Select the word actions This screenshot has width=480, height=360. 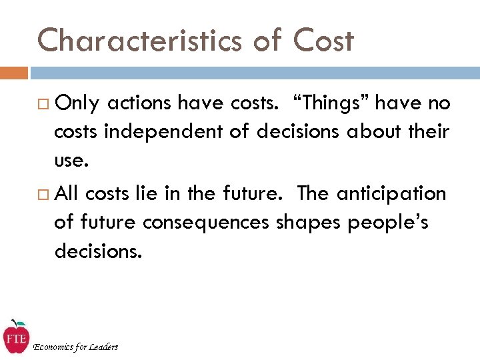click(138, 103)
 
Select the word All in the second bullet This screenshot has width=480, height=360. click(67, 193)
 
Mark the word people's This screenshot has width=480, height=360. click(389, 223)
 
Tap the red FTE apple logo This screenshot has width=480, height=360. click(15, 337)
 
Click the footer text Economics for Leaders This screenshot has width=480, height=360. click(75, 347)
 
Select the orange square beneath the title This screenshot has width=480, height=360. click(13, 72)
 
